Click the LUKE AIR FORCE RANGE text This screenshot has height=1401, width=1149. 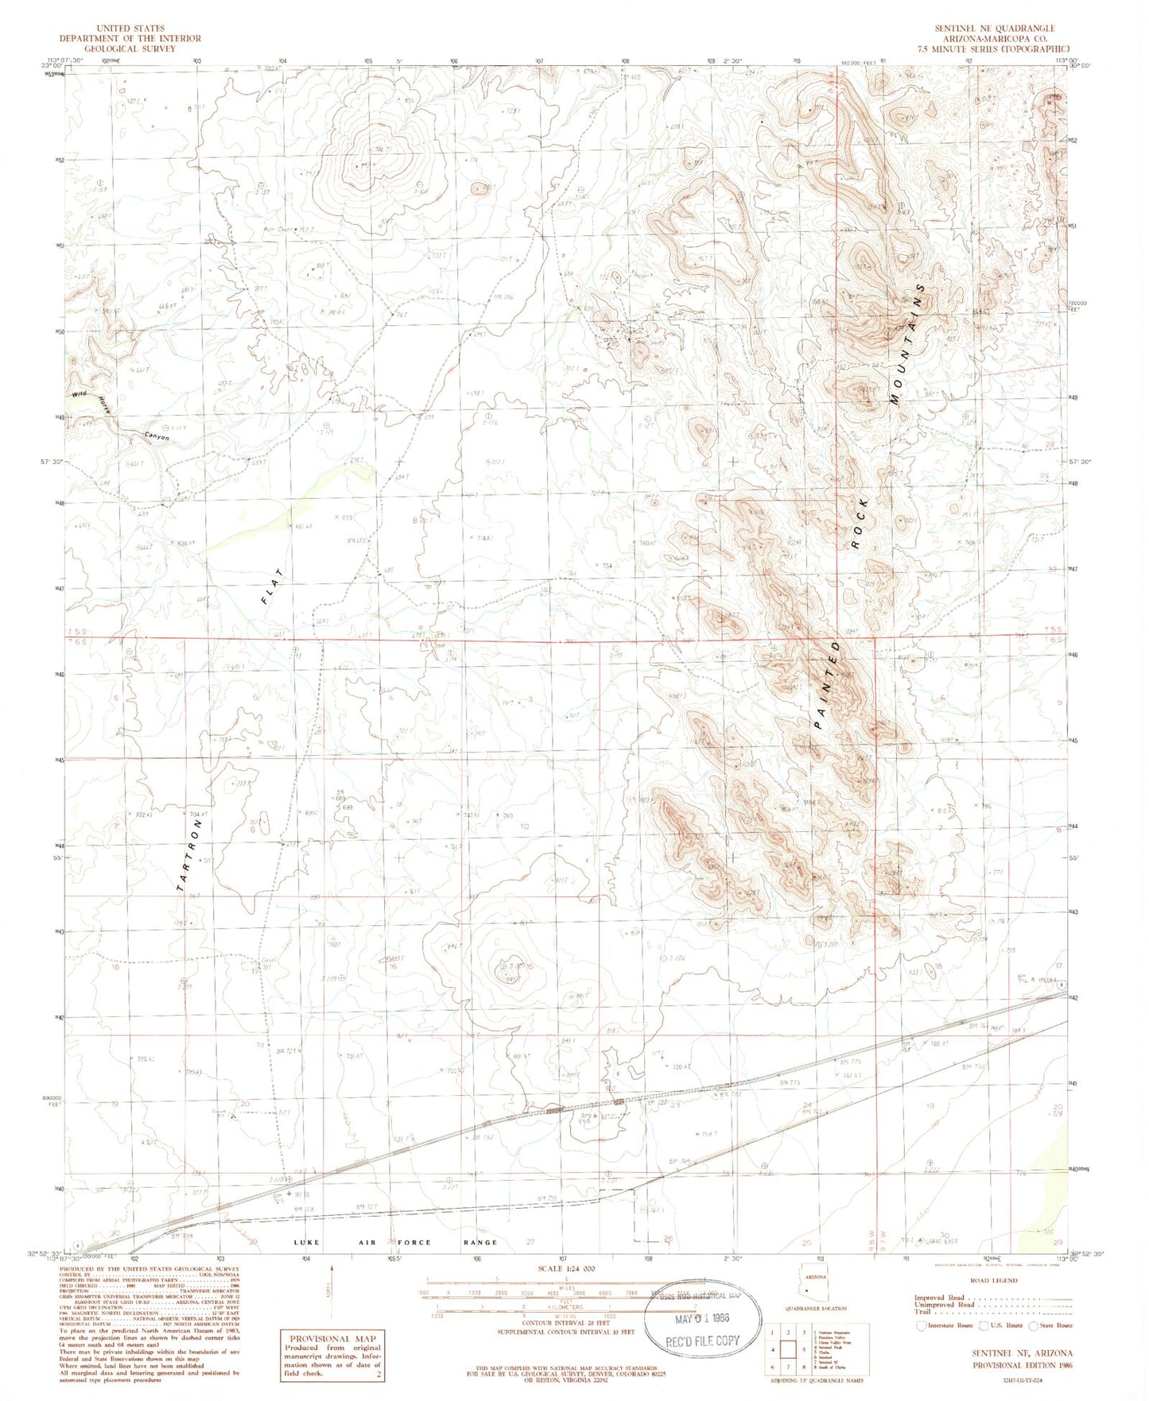pos(394,1242)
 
